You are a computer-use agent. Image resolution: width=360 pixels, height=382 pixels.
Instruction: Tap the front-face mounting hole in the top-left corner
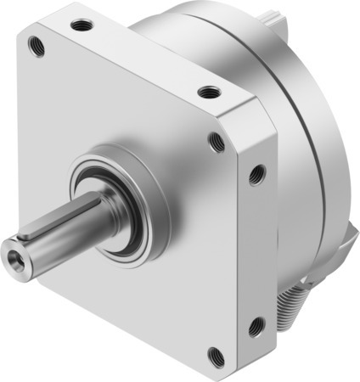pos(37,45)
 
